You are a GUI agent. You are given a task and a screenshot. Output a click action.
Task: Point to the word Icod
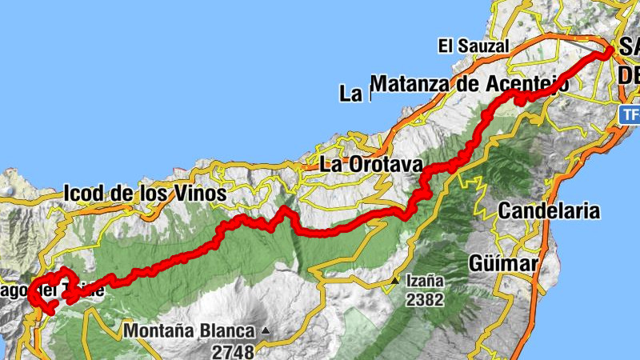click(84, 194)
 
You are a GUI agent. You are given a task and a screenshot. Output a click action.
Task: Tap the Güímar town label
click(505, 264)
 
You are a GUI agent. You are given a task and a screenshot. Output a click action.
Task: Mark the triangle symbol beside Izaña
click(395, 282)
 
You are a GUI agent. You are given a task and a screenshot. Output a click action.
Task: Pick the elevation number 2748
click(233, 350)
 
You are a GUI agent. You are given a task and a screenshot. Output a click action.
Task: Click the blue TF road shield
click(630, 114)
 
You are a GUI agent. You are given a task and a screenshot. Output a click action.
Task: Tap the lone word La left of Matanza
click(350, 94)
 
